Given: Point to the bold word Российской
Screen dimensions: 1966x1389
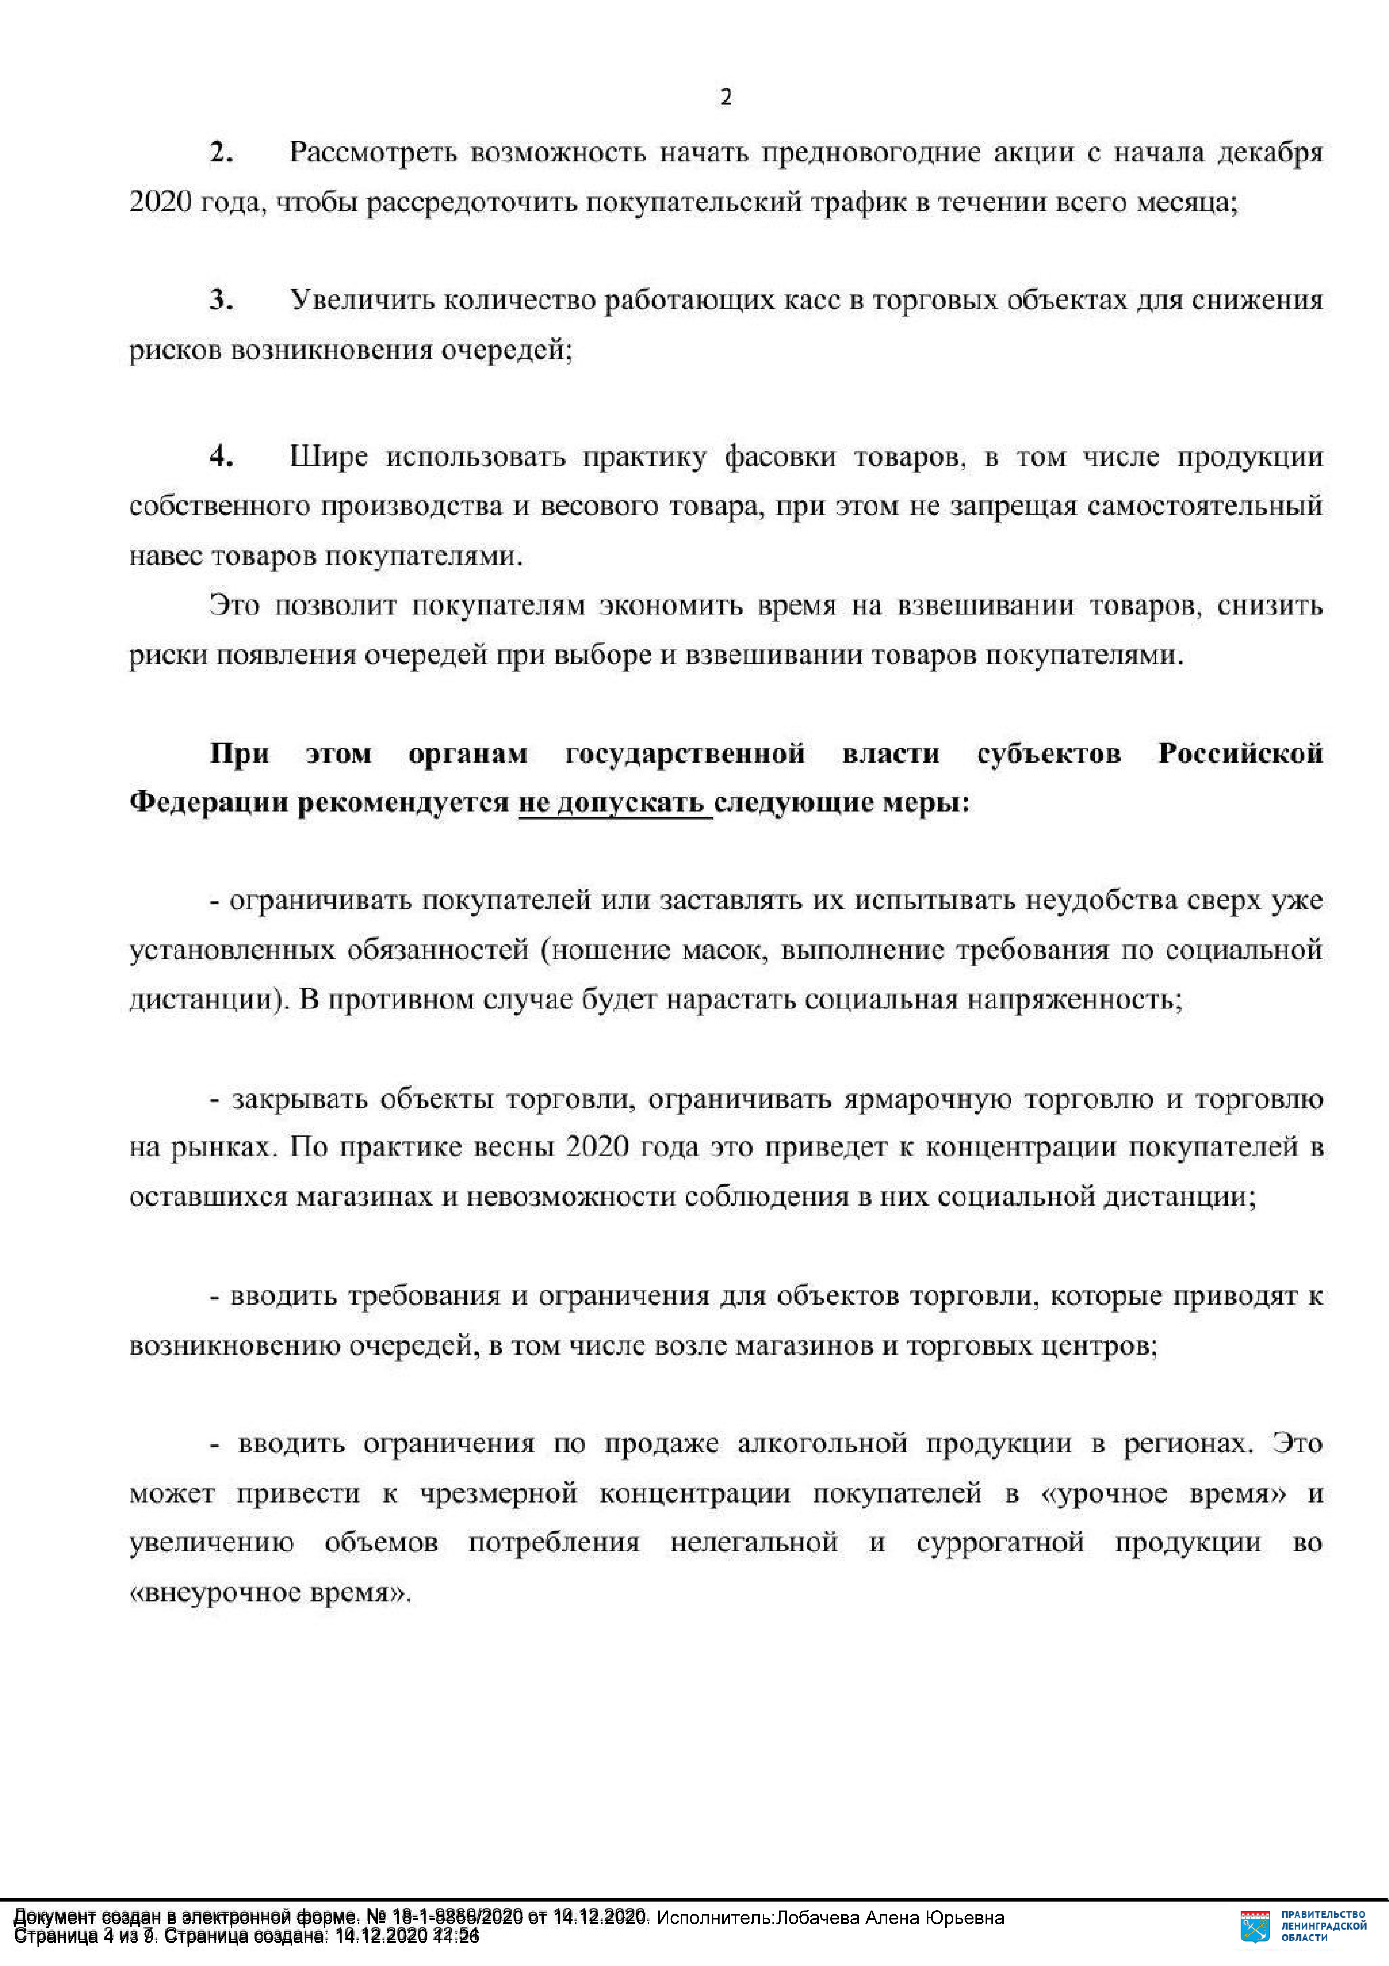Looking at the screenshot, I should pyautogui.click(x=1240, y=754).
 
